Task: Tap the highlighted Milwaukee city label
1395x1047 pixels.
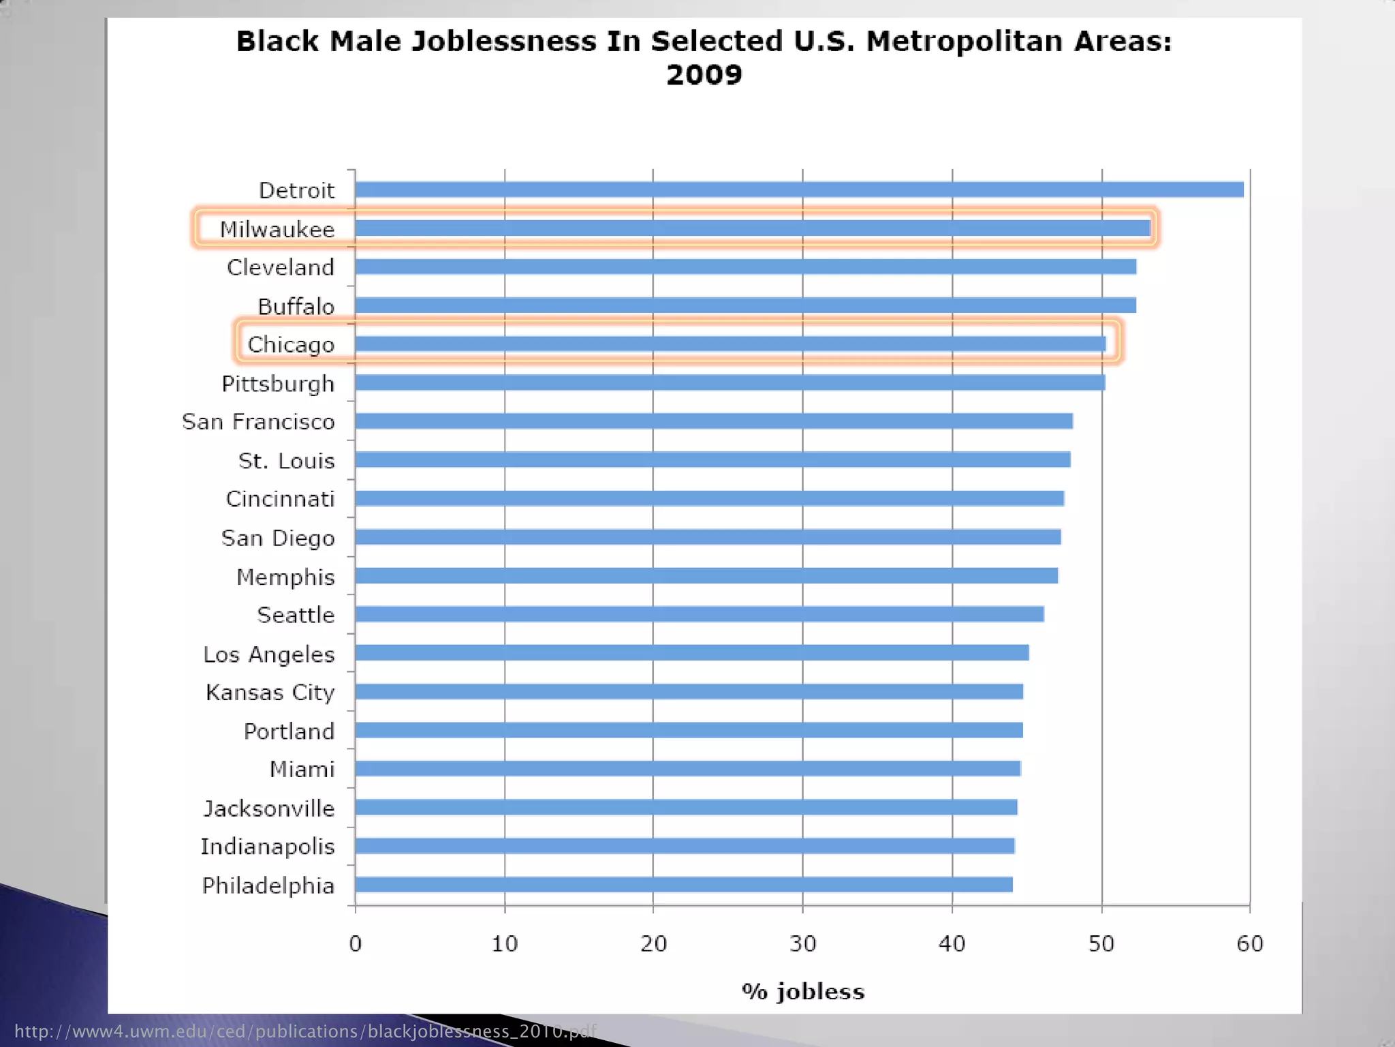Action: pyautogui.click(x=277, y=230)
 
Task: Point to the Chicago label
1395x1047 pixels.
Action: pyautogui.click(x=291, y=345)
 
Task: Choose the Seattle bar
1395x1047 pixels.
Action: pyautogui.click(x=699, y=614)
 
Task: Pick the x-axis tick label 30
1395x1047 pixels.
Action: pyautogui.click(x=802, y=944)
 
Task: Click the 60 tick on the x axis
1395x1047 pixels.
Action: pyautogui.click(x=1250, y=944)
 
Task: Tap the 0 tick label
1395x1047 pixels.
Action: pyautogui.click(x=355, y=944)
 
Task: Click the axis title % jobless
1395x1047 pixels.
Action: pyautogui.click(x=803, y=991)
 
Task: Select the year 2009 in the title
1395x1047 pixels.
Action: pyautogui.click(x=704, y=75)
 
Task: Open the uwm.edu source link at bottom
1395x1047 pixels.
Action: pyautogui.click(x=304, y=1031)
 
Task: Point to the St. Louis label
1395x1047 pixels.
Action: pyautogui.click(x=287, y=461)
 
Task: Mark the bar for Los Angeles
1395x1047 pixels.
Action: pyautogui.click(x=691, y=653)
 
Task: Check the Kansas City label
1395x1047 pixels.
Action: pyautogui.click(x=270, y=693)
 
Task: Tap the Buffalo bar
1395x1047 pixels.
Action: pyautogui.click(x=745, y=305)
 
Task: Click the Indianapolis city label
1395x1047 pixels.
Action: pyautogui.click(x=267, y=847)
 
